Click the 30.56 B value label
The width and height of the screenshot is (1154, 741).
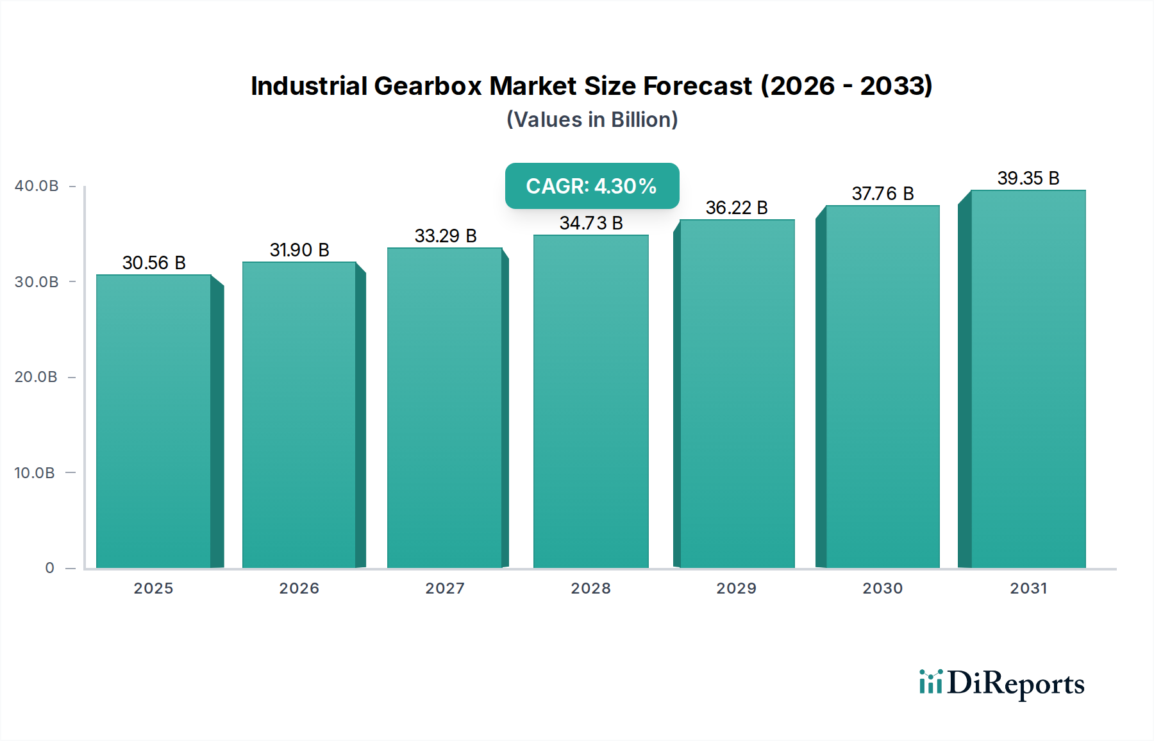tap(154, 263)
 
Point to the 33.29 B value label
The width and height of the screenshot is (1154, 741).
tap(446, 236)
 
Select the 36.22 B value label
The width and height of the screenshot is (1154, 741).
tap(737, 208)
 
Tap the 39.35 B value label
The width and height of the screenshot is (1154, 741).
tap(1028, 178)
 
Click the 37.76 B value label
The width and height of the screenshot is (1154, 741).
tap(882, 194)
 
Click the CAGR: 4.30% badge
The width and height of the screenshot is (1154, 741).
tap(592, 186)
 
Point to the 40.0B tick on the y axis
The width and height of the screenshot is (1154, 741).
tap(37, 186)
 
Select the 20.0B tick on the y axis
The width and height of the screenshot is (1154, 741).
tap(37, 377)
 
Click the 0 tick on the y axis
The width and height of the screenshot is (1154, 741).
tap(49, 568)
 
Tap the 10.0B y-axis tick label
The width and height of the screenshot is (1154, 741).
tap(35, 473)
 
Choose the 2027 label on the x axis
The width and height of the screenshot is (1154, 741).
tap(445, 588)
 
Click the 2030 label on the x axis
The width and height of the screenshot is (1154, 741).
tap(882, 588)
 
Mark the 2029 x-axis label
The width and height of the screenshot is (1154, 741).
tap(737, 588)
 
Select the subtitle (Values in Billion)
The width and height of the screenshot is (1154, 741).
tap(592, 120)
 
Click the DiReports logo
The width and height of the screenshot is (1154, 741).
tap(1001, 683)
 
